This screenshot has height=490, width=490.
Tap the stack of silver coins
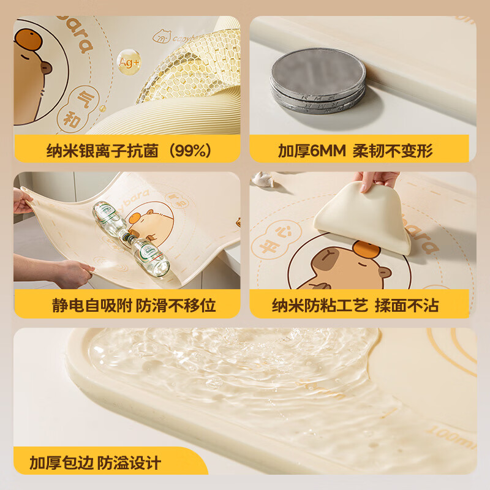317,80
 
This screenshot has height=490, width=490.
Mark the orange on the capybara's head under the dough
366,251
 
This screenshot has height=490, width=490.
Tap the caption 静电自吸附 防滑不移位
133,304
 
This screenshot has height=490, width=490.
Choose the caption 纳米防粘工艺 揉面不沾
355,304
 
